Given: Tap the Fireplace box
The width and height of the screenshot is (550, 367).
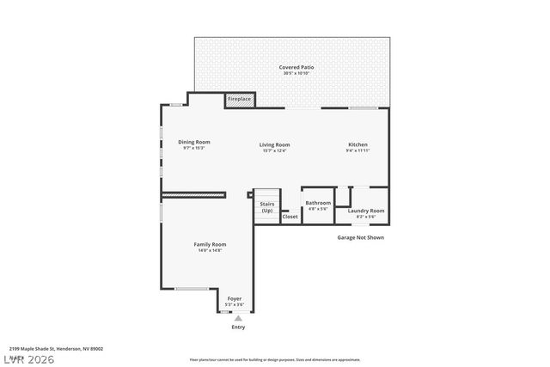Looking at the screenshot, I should [239, 100].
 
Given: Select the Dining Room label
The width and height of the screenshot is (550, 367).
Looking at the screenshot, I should [194, 142].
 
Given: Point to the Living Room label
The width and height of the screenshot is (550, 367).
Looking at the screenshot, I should [275, 144].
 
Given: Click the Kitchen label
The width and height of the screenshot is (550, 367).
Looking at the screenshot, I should [358, 144].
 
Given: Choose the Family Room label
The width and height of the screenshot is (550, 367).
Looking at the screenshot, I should [210, 244].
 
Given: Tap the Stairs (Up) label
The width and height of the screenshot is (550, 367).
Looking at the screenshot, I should [267, 206].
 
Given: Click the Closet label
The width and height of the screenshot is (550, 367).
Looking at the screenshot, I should [290, 217].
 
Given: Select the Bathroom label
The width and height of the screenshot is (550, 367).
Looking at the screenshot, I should [318, 203].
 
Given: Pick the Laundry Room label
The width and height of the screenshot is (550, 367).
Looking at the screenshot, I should [366, 211].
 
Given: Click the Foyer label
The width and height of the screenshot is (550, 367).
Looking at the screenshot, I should [235, 298].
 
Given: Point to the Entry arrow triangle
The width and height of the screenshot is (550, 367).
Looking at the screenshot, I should [238, 317].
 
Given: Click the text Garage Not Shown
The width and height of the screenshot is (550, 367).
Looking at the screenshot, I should [360, 237].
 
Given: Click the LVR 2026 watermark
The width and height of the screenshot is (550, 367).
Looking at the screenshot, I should [27, 358].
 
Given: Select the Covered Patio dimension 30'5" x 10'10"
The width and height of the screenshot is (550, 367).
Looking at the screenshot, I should [296, 73].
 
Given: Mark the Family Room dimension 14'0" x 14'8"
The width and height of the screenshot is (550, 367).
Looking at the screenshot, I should [210, 250].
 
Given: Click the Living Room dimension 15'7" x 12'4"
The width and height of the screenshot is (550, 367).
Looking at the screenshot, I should [275, 150].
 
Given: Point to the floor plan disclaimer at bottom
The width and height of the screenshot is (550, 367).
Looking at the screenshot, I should [275, 359].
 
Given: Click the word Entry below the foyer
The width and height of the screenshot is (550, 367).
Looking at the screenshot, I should [238, 327].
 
